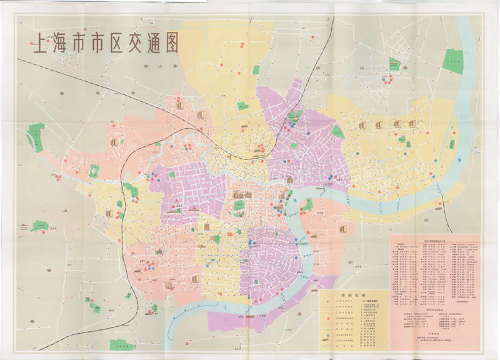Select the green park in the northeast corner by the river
click(453, 61)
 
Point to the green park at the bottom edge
click(122, 344)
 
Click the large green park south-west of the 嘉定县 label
click(36, 137)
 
